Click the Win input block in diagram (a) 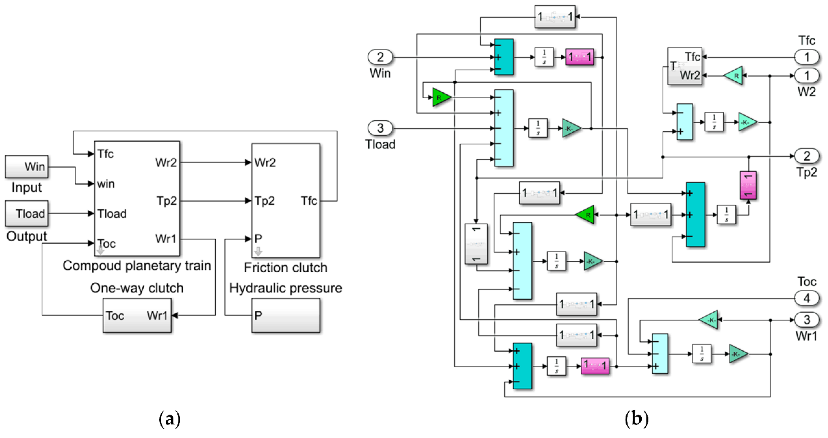(27, 166)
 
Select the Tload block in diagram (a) (27, 213)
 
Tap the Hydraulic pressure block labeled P (285, 315)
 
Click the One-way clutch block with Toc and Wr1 (137, 315)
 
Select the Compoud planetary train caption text (137, 266)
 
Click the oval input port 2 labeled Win (380, 57)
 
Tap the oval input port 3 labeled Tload (380, 128)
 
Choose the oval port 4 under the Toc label (807, 298)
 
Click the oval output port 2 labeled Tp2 (807, 156)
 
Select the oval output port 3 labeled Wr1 (807, 320)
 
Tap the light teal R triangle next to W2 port (734, 76)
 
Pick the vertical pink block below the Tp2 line (748, 185)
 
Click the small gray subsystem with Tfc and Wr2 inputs (684, 66)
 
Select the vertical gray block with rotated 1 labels (476, 244)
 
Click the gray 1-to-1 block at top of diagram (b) (555, 17)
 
